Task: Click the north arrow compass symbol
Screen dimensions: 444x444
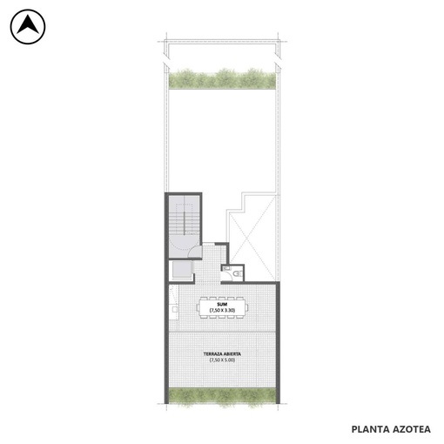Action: [28, 27]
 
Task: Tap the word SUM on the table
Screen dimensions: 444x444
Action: [222, 304]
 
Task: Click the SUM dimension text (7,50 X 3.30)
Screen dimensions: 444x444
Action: [222, 310]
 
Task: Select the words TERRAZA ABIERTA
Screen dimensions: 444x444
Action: [222, 354]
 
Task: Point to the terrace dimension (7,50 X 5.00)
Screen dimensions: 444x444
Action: [222, 360]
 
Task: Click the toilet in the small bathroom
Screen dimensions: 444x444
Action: [239, 273]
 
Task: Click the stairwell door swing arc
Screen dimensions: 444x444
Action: [194, 251]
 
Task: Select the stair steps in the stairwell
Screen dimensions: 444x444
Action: [184, 222]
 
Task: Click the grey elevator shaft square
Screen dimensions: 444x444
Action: [182, 270]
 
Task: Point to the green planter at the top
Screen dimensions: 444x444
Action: [222, 78]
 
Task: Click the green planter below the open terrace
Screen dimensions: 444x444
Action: [222, 396]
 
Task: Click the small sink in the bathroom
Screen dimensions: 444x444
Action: [225, 268]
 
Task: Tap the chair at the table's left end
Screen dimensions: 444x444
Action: [198, 307]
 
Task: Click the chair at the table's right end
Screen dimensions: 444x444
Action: [246, 307]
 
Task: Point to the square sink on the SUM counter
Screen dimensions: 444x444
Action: [175, 309]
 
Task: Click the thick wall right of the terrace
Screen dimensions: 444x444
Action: [278, 343]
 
